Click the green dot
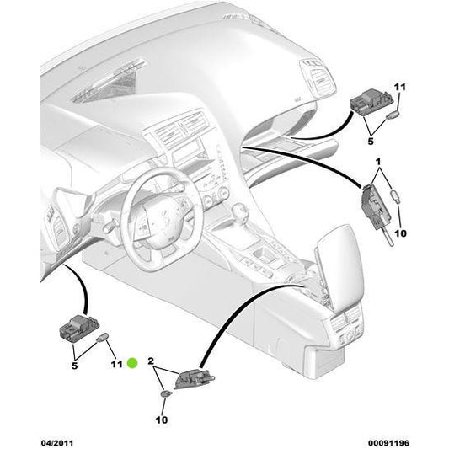coord(132,364)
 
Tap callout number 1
coord(378,161)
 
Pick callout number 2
coord(152,361)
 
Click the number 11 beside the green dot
coord(116,364)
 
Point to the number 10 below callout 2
coord(162,419)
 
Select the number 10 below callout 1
coord(400,233)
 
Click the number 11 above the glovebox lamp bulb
coord(399,87)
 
